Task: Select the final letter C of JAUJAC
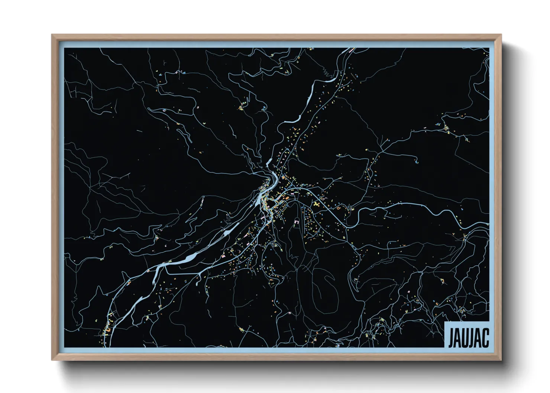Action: click(485, 337)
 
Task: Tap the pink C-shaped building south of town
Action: click(297, 223)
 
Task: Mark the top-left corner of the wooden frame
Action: click(52, 35)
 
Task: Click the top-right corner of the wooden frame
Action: click(501, 35)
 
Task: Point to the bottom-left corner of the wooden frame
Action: click(52, 360)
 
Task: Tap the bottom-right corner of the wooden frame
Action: click(501, 360)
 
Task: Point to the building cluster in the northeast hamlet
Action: click(446, 128)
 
